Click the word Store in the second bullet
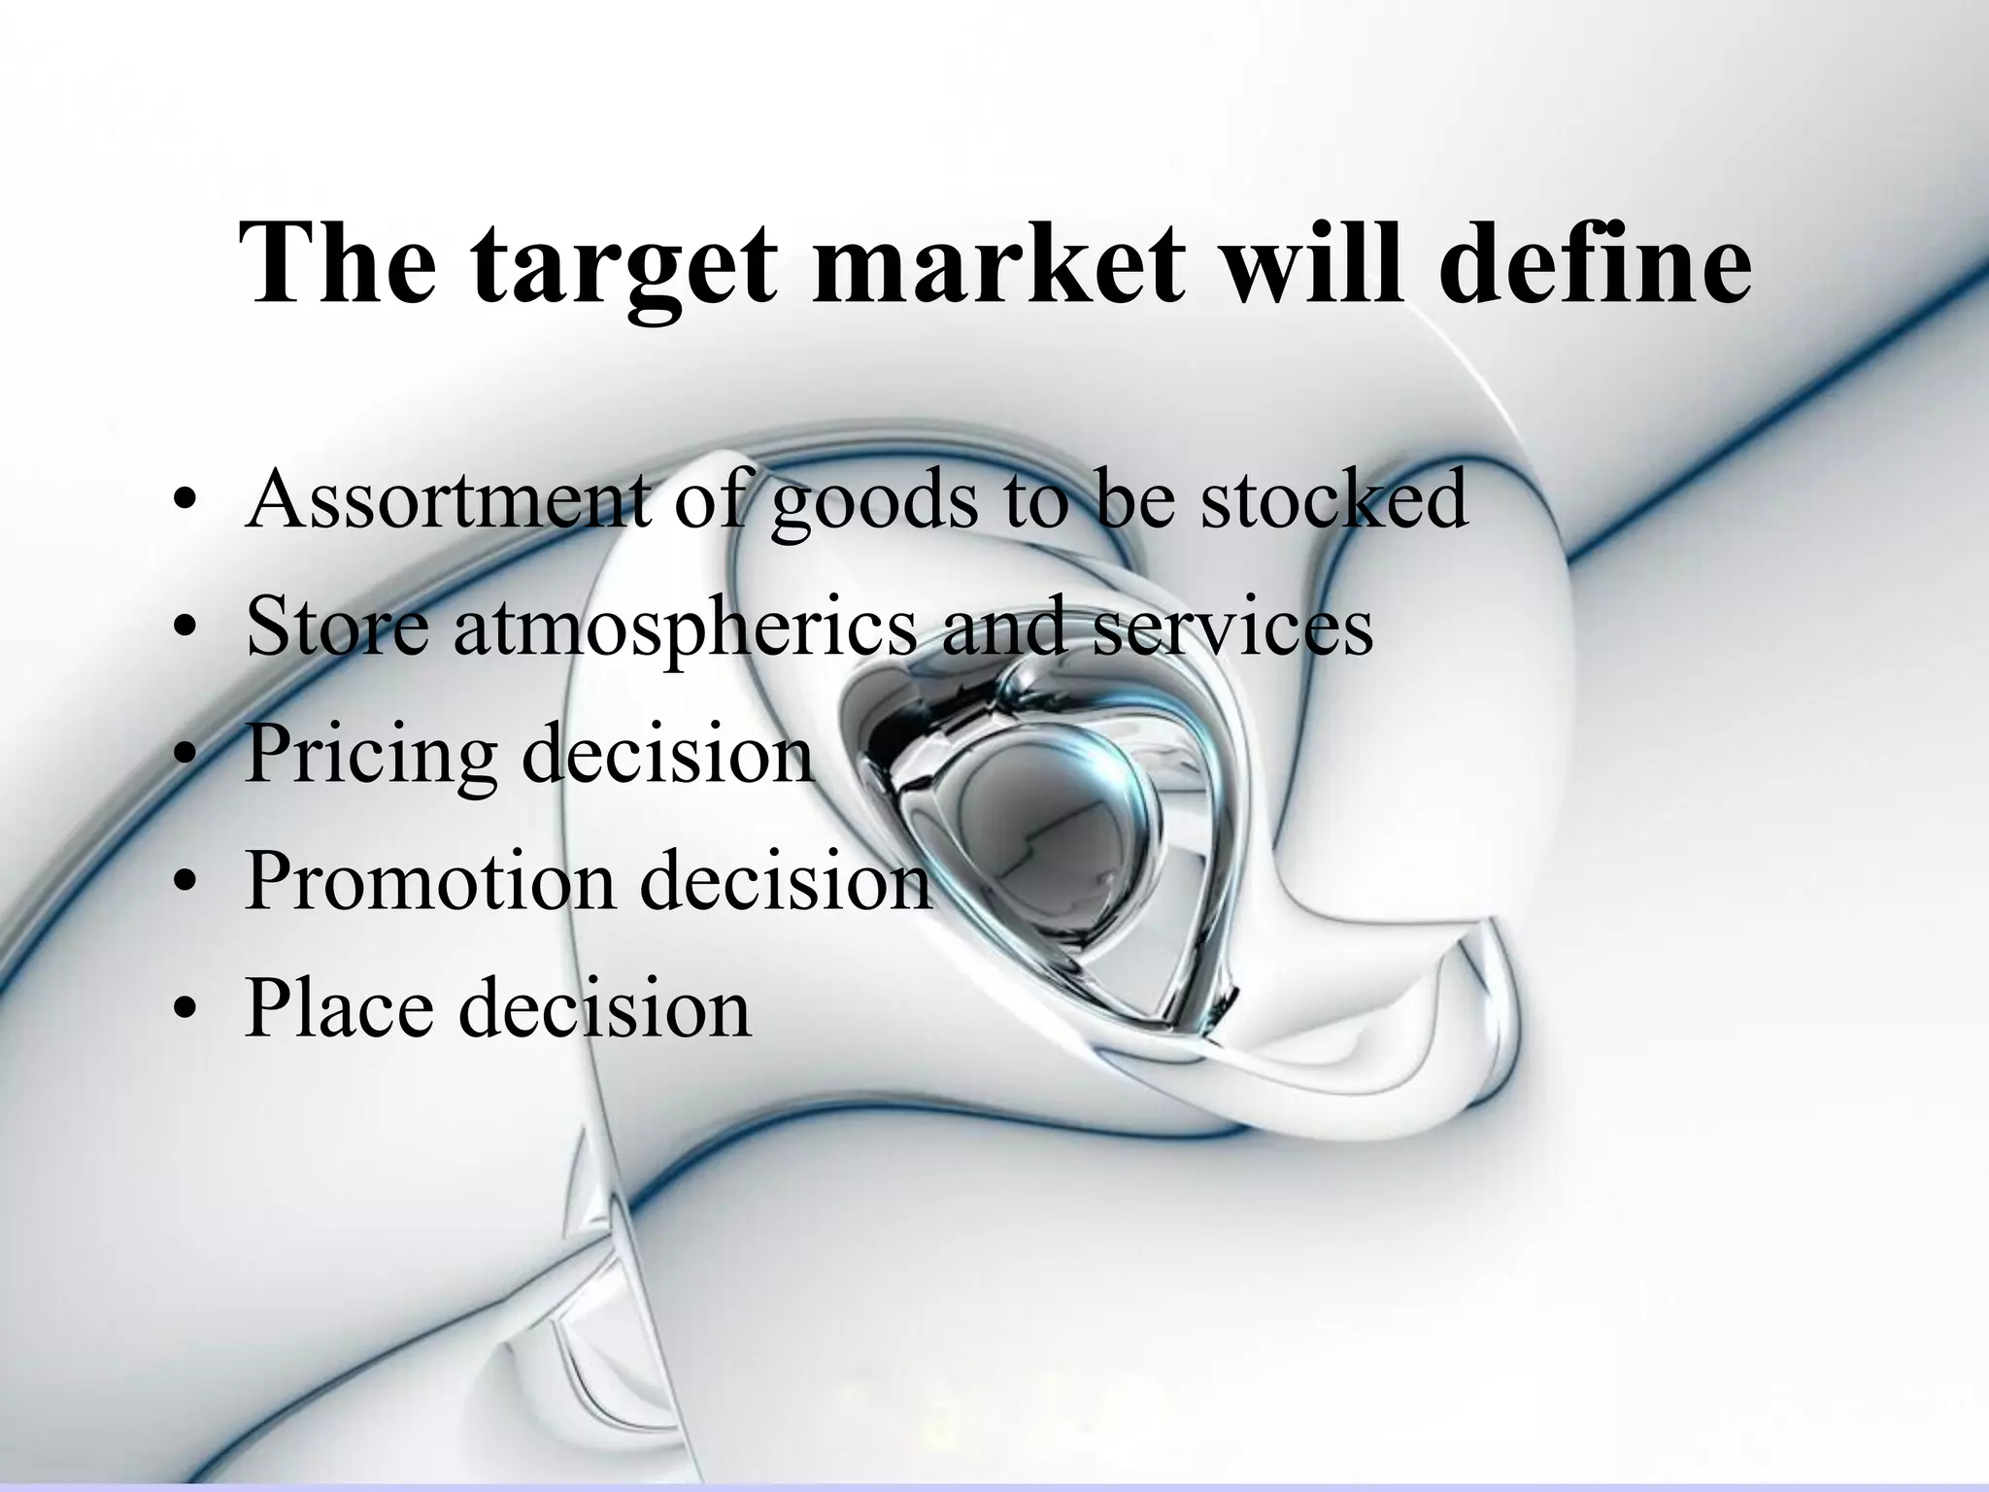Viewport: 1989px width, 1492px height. coord(336,625)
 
